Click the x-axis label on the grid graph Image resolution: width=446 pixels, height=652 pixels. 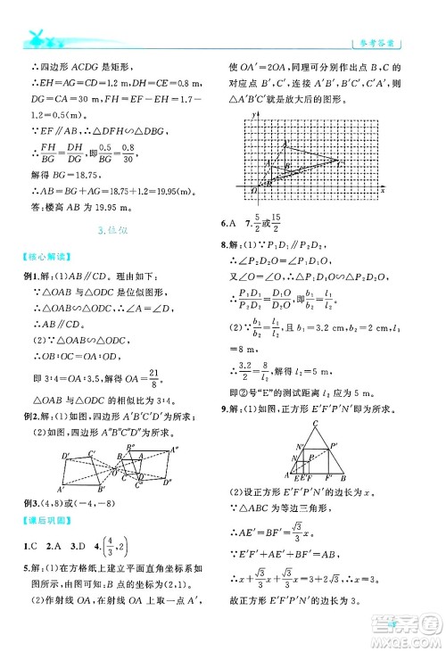383,190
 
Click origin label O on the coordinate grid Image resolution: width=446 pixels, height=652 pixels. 252,190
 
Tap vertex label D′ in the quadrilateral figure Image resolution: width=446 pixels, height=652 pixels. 66,458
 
